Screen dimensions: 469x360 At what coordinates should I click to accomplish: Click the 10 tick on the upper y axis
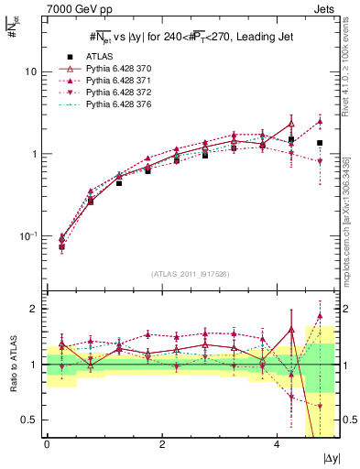[x=31, y=71]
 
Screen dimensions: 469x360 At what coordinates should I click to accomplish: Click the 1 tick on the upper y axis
[x=35, y=154]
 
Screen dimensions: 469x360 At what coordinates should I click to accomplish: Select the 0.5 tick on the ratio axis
[x=29, y=420]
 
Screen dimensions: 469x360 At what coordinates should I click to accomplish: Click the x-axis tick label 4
[x=277, y=445]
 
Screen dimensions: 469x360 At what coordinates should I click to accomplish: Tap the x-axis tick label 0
[x=47, y=445]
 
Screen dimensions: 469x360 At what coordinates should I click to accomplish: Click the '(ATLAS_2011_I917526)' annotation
[x=191, y=274]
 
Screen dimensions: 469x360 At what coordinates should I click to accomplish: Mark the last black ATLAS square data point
[x=320, y=143]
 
